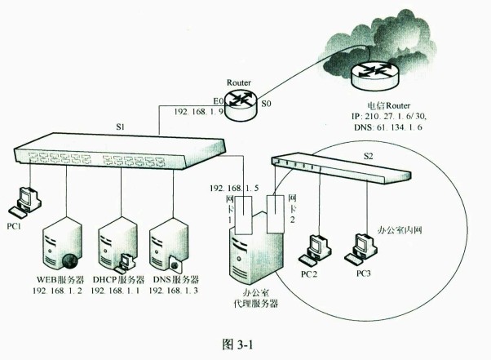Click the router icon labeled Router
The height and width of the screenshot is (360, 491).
241,100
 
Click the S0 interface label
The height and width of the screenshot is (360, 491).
266,104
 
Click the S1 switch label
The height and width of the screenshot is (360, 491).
120,127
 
